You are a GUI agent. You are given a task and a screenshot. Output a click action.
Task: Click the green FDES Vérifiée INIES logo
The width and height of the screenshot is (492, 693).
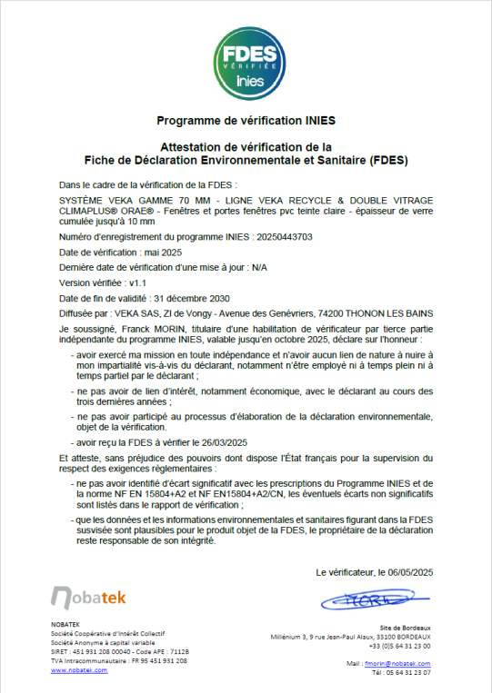coord(246,61)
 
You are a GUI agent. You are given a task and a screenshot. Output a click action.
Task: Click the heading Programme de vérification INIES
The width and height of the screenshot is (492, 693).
coord(246,120)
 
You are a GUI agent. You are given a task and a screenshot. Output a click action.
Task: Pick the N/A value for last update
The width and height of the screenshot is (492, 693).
coord(259,267)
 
